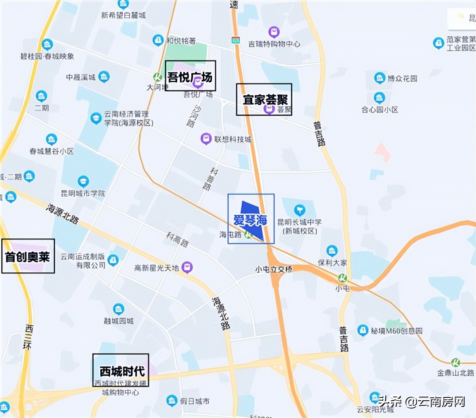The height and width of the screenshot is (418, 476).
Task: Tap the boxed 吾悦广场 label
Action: point(190,76)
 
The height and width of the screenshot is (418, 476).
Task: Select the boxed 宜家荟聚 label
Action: point(264,99)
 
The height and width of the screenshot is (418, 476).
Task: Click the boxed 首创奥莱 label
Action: point(28,256)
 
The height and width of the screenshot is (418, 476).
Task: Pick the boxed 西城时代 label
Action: point(121,370)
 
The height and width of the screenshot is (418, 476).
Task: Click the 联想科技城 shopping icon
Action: point(206,139)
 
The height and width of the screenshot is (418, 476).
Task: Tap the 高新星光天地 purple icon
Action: point(187,268)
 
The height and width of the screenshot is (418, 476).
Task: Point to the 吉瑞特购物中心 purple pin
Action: point(274,32)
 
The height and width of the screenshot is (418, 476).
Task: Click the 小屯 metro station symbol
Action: point(343,278)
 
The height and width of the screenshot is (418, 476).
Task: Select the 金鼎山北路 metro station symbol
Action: point(456,362)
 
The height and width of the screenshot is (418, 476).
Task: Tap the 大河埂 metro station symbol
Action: point(158,77)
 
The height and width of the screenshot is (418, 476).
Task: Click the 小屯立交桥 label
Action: point(274,270)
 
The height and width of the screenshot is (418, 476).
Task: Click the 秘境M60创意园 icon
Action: point(363,330)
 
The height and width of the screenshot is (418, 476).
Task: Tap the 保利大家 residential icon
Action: point(332,251)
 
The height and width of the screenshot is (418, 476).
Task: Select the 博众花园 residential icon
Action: point(380,78)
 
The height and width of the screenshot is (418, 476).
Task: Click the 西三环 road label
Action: point(29,337)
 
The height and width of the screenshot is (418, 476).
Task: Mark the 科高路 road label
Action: point(177,239)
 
